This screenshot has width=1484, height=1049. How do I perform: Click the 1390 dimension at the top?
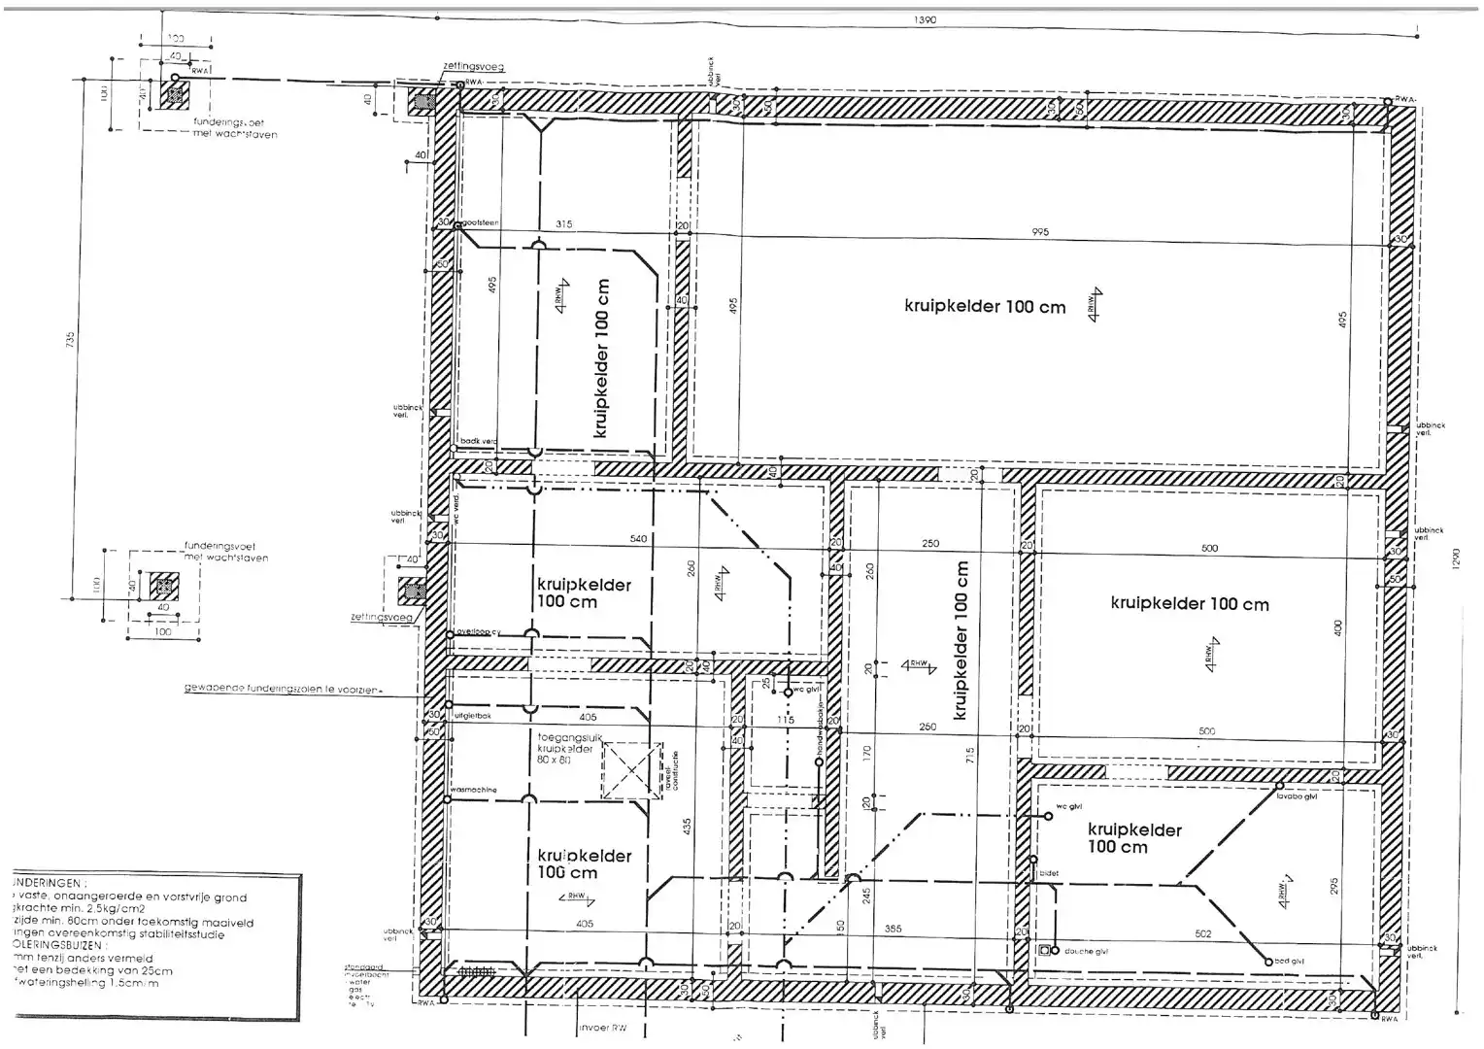pyautogui.click(x=925, y=20)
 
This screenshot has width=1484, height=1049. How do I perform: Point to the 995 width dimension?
pyautogui.click(x=1041, y=232)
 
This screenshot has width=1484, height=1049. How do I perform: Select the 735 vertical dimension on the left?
pyautogui.click(x=70, y=341)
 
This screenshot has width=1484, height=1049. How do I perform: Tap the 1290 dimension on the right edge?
pyautogui.click(x=1454, y=560)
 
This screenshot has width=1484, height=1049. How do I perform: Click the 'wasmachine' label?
pyautogui.click(x=475, y=791)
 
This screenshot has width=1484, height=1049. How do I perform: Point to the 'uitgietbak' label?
pyautogui.click(x=473, y=716)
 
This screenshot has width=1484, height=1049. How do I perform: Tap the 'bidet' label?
pyautogui.click(x=1049, y=873)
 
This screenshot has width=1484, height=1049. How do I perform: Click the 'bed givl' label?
pyautogui.click(x=1289, y=962)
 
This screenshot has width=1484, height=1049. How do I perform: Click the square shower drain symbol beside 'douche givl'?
pyautogui.click(x=1045, y=951)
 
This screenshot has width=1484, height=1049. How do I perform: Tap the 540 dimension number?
pyautogui.click(x=638, y=538)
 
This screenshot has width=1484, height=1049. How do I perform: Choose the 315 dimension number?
pyautogui.click(x=563, y=224)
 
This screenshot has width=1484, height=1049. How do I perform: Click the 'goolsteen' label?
pyautogui.click(x=480, y=223)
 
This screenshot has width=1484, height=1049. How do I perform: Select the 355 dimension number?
pyautogui.click(x=893, y=929)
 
